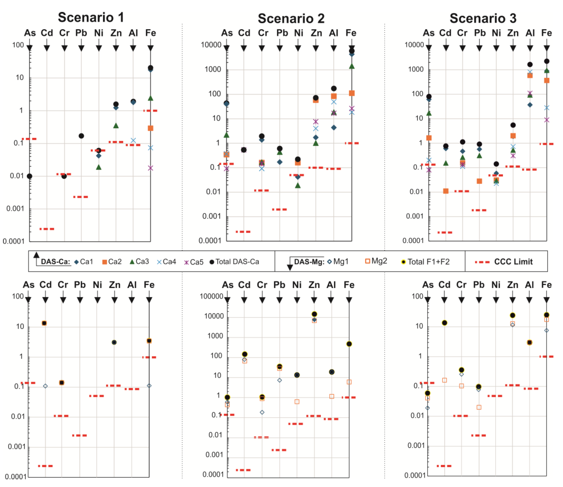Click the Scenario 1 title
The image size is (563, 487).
tap(91, 17)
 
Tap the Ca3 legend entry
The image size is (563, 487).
tap(139, 262)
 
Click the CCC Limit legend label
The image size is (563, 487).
tap(513, 262)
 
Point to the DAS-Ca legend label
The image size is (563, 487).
tap(55, 262)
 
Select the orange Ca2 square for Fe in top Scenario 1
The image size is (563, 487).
tap(150, 128)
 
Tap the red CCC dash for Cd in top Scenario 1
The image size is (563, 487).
tap(47, 229)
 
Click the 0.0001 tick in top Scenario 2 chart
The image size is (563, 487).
tap(210, 241)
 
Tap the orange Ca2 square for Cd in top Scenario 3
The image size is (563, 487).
tap(446, 191)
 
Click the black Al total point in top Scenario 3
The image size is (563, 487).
tap(530, 64)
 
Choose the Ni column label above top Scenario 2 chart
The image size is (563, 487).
tap(298, 33)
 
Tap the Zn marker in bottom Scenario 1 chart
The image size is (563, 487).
tap(114, 342)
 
